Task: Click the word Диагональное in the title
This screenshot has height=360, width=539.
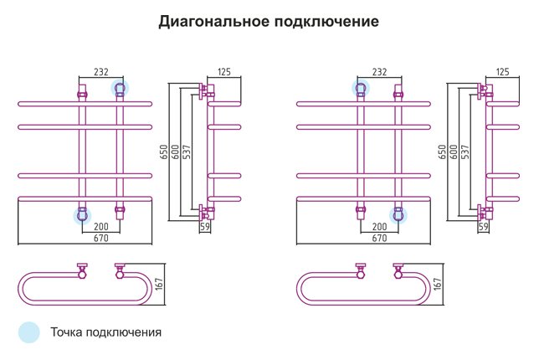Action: click(x=213, y=21)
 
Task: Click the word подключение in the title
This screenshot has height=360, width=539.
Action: click(x=326, y=21)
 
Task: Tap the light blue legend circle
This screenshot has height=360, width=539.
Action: click(x=29, y=332)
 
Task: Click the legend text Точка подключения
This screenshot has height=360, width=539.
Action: click(x=105, y=332)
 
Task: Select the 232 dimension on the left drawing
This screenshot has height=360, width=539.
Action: click(x=101, y=72)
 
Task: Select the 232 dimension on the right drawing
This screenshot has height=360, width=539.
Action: click(x=379, y=72)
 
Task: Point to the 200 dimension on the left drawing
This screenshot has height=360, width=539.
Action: click(x=101, y=227)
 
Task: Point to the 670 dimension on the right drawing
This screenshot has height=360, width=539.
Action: click(x=379, y=238)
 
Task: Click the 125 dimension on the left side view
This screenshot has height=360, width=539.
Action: click(x=224, y=72)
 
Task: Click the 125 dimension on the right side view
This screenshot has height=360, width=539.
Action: click(x=502, y=72)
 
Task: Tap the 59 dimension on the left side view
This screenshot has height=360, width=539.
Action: click(x=205, y=227)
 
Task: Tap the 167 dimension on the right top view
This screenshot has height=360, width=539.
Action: click(x=438, y=284)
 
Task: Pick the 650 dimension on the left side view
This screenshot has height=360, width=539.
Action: click(x=164, y=152)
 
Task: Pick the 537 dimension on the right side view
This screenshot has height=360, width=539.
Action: click(x=465, y=152)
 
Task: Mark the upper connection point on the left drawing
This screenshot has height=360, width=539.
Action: click(x=120, y=89)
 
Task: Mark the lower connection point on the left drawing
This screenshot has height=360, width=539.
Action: click(x=83, y=216)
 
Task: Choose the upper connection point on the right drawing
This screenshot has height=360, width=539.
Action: click(x=361, y=89)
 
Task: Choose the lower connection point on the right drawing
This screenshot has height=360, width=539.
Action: click(x=398, y=216)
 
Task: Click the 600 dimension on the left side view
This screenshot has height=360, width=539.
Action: click(x=175, y=152)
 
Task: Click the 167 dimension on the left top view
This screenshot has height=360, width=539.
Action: click(x=160, y=284)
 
